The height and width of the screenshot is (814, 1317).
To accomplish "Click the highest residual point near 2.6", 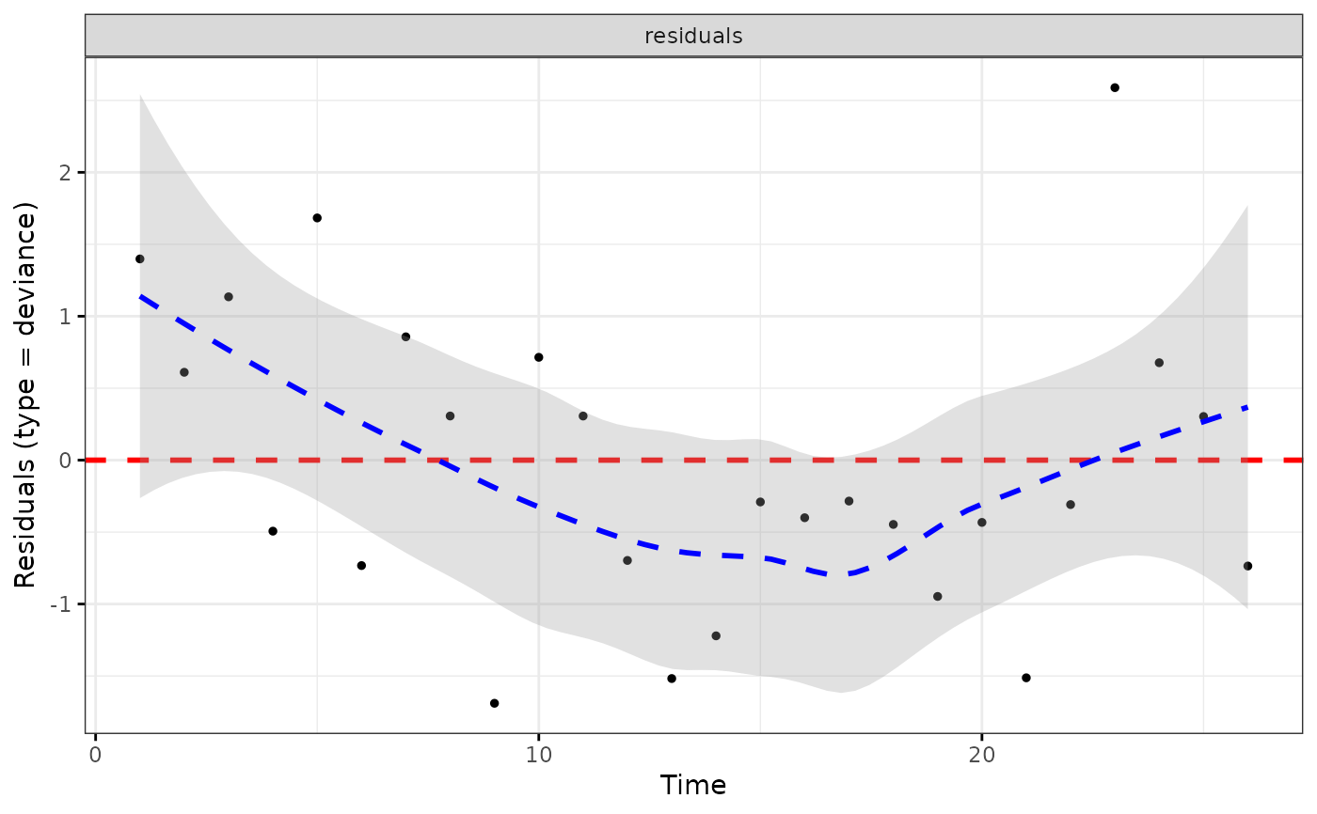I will point(1115,87).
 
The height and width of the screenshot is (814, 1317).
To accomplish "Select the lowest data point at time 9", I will point(494,703).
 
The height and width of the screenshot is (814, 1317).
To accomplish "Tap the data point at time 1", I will point(139,258).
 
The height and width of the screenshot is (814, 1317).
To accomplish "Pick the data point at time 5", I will point(317,218).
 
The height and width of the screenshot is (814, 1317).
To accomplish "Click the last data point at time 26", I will point(1247,566).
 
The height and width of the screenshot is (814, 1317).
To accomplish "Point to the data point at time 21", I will point(1026,678).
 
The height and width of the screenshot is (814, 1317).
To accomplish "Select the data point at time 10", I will point(538,357).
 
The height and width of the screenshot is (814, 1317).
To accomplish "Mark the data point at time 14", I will point(716,636).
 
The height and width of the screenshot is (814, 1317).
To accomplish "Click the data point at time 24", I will point(1159,363).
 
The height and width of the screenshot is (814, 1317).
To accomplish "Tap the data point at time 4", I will point(273,531).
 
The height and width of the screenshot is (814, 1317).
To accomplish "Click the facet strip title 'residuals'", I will point(693,37).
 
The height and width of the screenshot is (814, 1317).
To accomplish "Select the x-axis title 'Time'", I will point(693,786).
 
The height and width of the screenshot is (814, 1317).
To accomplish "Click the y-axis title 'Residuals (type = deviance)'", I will point(26,395).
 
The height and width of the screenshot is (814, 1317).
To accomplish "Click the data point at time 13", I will point(672,679).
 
